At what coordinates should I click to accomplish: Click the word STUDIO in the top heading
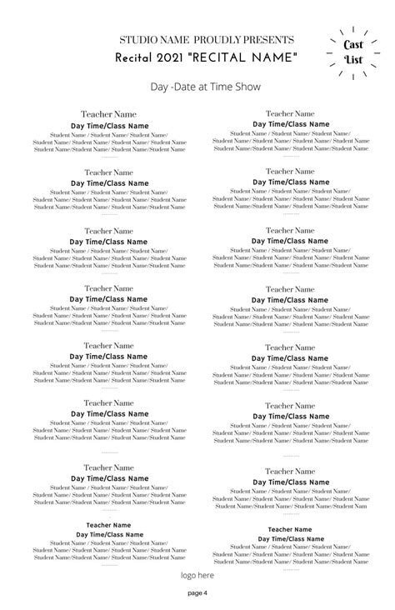tap(137, 40)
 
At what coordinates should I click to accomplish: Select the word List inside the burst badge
tap(354, 60)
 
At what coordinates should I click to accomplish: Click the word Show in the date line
tap(248, 87)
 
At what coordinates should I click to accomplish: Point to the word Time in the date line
tap(220, 87)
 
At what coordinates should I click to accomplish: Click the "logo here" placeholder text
tap(197, 575)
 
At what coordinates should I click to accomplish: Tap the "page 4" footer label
tap(197, 593)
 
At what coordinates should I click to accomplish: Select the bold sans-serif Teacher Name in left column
tap(108, 525)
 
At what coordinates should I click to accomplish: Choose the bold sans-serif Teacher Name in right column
tap(289, 529)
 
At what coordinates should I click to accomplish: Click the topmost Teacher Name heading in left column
tap(108, 114)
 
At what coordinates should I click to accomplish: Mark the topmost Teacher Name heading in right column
tap(289, 113)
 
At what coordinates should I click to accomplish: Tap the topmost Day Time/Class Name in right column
tap(289, 124)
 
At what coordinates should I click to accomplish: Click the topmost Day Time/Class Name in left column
tap(108, 125)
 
